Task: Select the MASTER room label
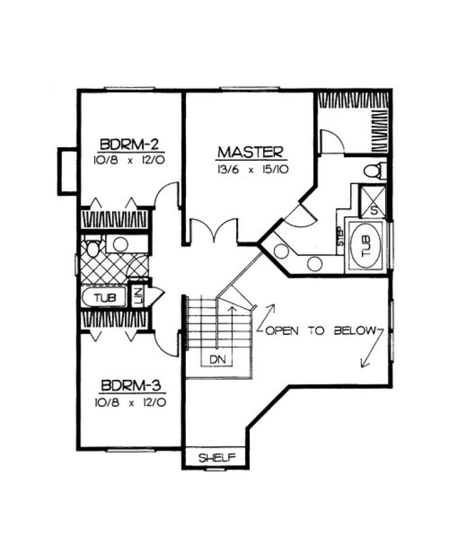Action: pyautogui.click(x=250, y=153)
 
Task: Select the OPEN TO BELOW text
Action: pyautogui.click(x=320, y=331)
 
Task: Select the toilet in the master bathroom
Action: pyautogui.click(x=372, y=170)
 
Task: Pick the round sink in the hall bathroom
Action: pyautogui.click(x=120, y=245)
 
